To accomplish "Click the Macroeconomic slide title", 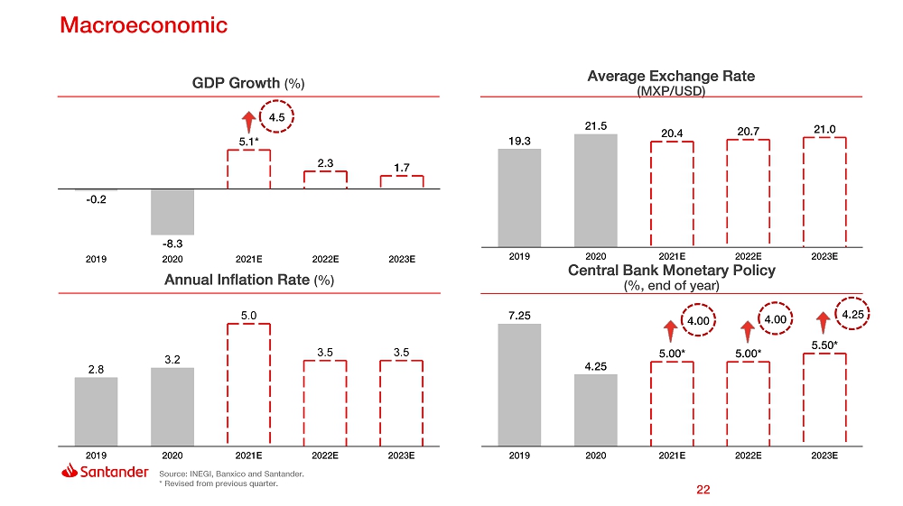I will (144, 25).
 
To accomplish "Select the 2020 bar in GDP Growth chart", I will (172, 212).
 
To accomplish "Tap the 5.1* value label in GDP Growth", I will (248, 141).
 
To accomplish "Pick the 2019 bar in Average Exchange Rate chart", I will (518, 197).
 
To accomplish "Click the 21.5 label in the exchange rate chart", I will (595, 124).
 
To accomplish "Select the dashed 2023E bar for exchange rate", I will (824, 191).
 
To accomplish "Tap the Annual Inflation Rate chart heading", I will (249, 280).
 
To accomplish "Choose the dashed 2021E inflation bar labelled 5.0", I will (248, 384).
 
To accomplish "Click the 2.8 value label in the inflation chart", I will (96, 368).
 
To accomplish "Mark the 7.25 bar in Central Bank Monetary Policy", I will (518, 384).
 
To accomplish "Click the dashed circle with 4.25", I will (852, 314).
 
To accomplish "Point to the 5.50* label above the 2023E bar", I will (824, 344).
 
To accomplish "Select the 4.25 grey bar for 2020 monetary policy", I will (595, 409).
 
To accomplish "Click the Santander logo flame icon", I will (70, 472).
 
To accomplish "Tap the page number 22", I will (703, 490).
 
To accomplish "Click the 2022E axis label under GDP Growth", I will (325, 259).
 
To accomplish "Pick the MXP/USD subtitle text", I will (670, 91).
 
